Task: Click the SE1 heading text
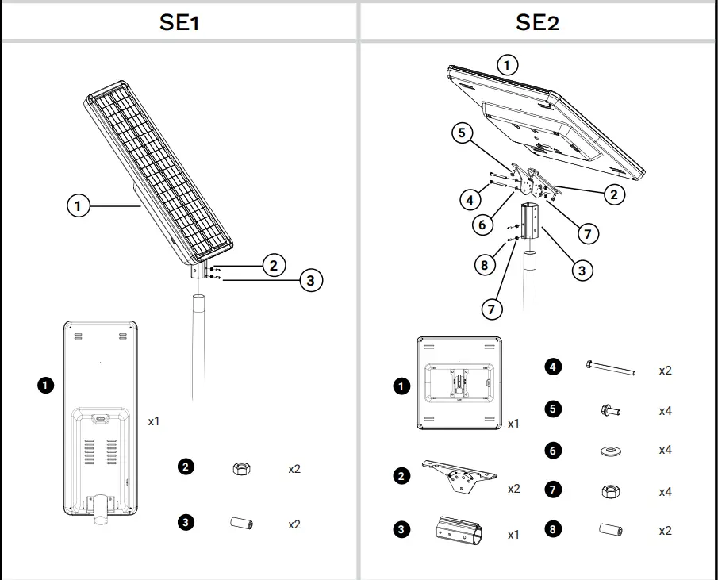pos(179,21)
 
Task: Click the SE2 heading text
pos(537,21)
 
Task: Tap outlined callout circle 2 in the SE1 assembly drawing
pos(273,265)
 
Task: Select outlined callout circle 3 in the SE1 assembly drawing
pos(310,280)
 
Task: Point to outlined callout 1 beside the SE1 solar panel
pos(78,206)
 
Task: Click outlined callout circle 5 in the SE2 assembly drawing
pos(464,133)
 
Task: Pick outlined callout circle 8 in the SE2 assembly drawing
pos(485,265)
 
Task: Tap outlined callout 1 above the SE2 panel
pos(507,64)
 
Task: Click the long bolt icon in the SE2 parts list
pos(610,367)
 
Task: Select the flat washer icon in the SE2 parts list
pos(609,451)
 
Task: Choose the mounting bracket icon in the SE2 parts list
pos(459,476)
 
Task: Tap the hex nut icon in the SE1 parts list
pos(239,468)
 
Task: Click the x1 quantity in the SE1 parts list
pos(154,421)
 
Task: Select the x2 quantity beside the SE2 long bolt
pos(665,371)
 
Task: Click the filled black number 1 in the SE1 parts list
pos(46,385)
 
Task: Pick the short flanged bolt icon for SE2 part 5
pos(609,410)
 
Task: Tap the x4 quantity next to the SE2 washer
pos(665,450)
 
